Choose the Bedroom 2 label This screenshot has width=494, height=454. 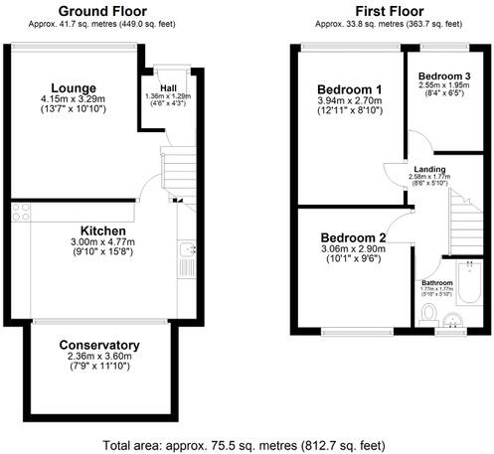point(354,238)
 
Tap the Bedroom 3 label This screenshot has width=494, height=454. point(444,76)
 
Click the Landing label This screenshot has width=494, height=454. point(429,170)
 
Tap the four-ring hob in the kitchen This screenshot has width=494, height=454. point(22,212)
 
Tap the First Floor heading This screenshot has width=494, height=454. point(378,13)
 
